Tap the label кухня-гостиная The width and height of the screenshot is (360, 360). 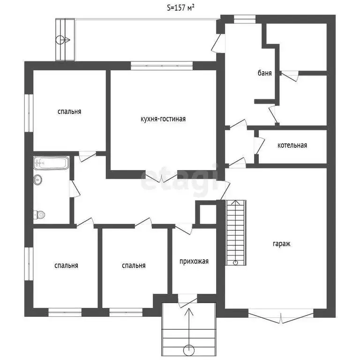click(163, 119)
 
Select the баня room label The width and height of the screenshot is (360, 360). click(265, 73)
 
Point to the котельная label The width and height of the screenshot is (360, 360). click(292, 145)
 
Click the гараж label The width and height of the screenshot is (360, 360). click(281, 244)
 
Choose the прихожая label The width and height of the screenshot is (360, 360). click(194, 261)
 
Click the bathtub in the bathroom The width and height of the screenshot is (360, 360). click(51, 163)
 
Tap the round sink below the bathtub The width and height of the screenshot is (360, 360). click(38, 180)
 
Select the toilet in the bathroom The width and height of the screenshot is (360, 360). click(39, 215)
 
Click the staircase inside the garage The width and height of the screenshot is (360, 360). click(236, 232)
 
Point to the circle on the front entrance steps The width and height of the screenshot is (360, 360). click(189, 351)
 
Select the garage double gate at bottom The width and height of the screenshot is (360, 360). click(281, 317)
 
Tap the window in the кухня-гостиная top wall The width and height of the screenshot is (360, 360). click(162, 66)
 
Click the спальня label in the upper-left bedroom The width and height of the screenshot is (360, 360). click(69, 112)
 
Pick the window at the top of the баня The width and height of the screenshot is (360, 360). click(245, 19)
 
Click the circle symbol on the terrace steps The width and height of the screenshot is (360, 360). click(60, 40)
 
